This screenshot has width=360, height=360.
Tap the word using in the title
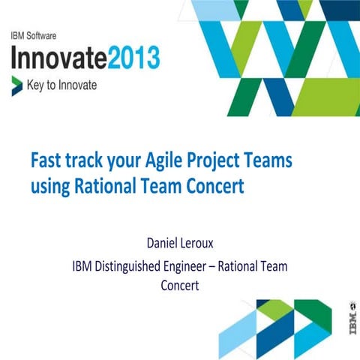pyautogui.click(x=49, y=187)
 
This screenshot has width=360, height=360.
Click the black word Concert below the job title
pyautogui.click(x=180, y=286)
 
